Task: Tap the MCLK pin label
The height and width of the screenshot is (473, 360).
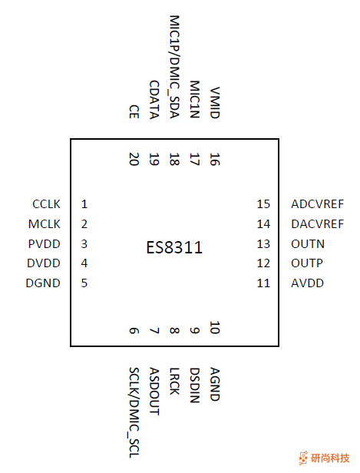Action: pos(45,224)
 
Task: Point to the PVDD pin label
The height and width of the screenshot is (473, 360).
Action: pos(45,244)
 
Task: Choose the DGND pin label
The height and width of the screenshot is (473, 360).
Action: pos(45,283)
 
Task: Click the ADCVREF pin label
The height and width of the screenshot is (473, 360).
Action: pos(317,204)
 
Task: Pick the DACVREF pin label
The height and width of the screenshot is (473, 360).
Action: pos(317,224)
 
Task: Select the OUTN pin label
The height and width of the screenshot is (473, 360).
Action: pos(308,244)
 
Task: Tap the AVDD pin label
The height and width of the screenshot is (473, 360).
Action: pos(307,283)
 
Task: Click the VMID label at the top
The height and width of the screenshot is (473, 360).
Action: pos(215,102)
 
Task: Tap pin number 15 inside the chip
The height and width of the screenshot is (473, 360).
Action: pos(264,204)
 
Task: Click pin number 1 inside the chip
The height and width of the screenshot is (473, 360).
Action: pos(84,204)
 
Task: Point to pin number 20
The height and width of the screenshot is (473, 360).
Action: pos(134,159)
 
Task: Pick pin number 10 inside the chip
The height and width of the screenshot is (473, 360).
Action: pos(214,329)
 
